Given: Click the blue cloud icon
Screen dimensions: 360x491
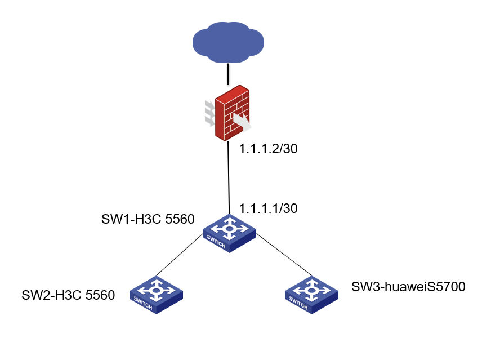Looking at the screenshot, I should [x=228, y=42].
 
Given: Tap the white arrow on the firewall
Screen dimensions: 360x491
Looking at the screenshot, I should [x=242, y=121].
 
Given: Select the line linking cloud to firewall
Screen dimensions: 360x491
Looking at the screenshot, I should [x=228, y=74].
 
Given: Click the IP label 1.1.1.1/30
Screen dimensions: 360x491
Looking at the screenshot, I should [x=268, y=208].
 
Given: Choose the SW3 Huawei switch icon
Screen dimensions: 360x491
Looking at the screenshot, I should [x=311, y=294].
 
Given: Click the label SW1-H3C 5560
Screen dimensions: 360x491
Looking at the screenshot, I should [x=148, y=219].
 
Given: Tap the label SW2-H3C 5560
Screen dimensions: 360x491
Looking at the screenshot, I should [x=68, y=295].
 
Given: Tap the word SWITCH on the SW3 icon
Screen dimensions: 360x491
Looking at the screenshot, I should [x=298, y=304].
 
